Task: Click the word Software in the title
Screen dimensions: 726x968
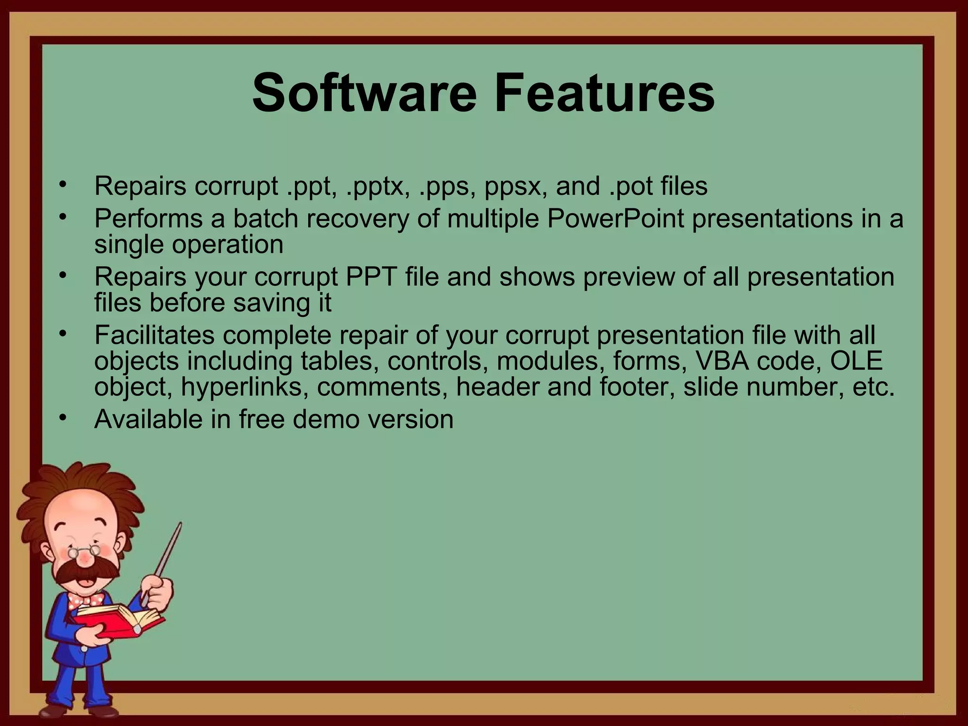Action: pyautogui.click(x=364, y=93)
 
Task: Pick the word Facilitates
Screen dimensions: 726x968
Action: pyautogui.click(x=154, y=335)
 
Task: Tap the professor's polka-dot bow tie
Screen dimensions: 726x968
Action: pyautogui.click(x=85, y=601)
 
